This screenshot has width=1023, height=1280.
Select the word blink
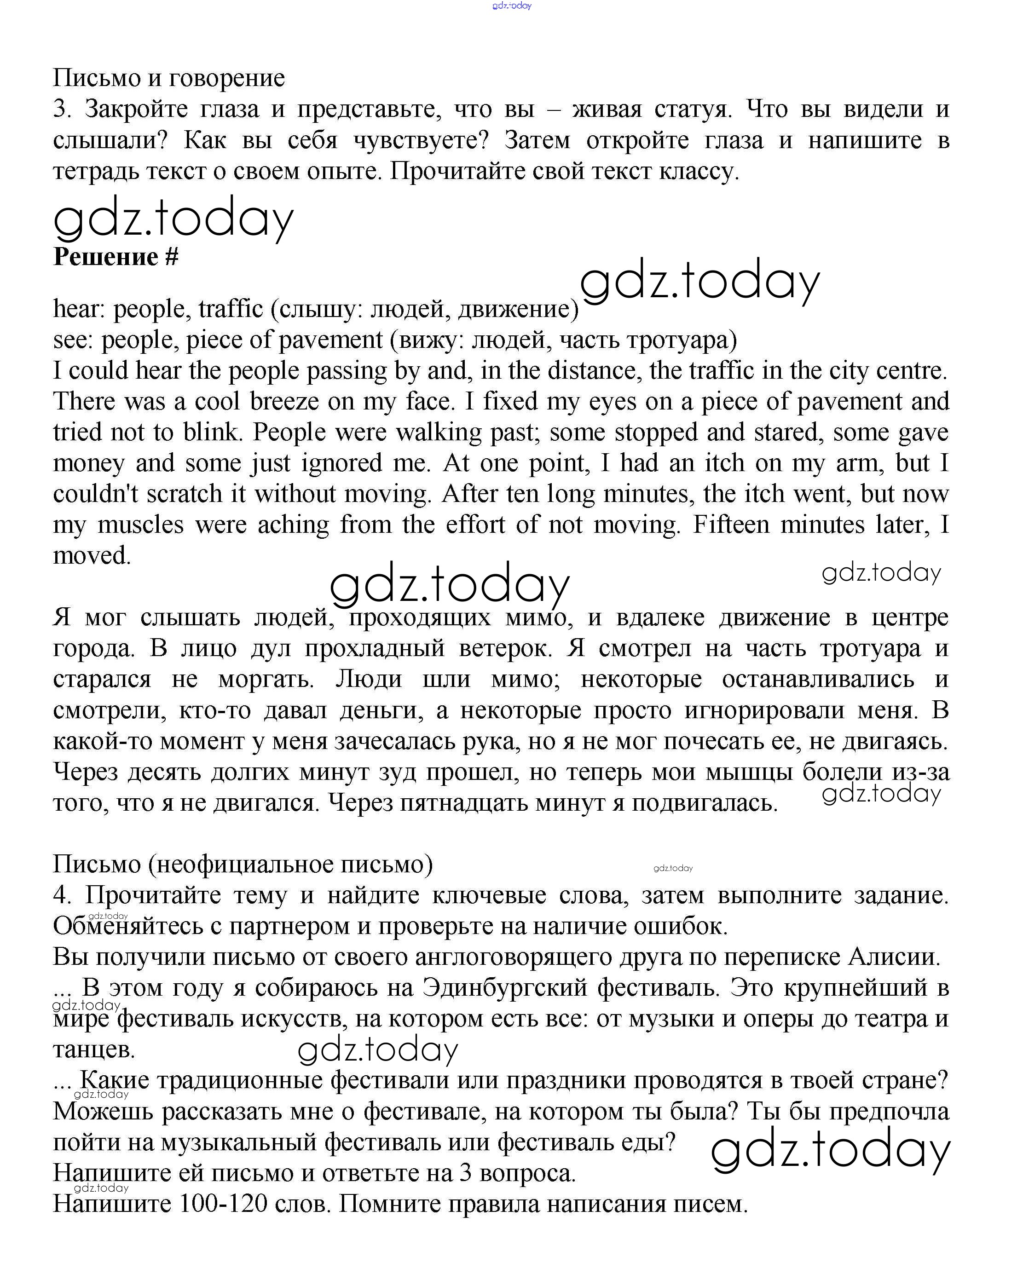(x=213, y=432)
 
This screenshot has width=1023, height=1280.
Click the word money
(x=88, y=462)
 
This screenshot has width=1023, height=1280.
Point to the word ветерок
(x=505, y=648)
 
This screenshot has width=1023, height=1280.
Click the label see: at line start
(x=73, y=340)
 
